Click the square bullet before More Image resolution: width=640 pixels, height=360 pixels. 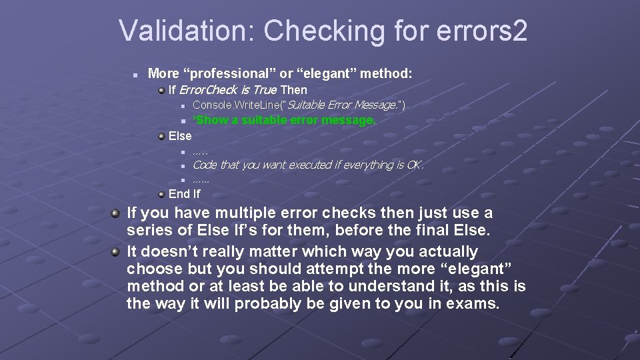[136, 73]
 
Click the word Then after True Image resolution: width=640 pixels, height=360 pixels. [294, 89]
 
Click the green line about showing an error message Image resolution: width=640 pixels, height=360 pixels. [285, 120]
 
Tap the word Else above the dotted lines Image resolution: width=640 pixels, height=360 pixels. [180, 136]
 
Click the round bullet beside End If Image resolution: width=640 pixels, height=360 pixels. [161, 194]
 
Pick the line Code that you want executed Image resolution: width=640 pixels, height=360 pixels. [307, 165]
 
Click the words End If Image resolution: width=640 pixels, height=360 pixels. [184, 194]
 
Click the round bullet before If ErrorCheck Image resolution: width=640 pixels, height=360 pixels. [161, 89]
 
